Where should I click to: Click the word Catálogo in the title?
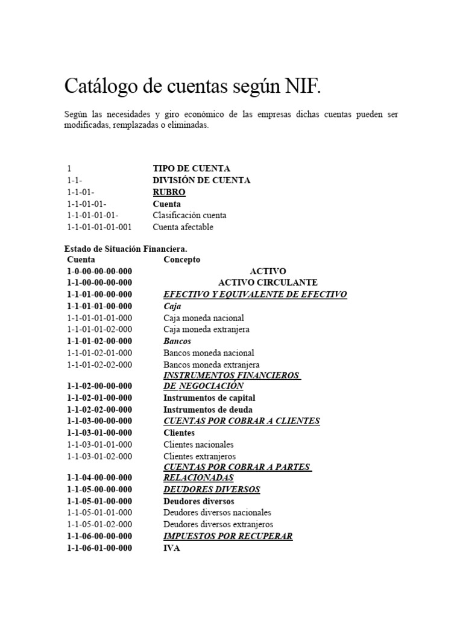coord(101,87)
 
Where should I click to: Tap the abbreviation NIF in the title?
coord(305,87)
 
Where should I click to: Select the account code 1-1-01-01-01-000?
coord(99,318)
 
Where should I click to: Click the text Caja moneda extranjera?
coord(206,330)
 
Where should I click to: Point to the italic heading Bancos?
coord(177,341)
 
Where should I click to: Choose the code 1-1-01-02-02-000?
coord(99,365)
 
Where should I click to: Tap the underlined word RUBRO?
coord(169,192)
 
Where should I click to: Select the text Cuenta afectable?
coord(183,227)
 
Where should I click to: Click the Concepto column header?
coord(181,260)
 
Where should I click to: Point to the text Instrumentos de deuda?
coord(208,410)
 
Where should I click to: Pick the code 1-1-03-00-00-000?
coord(99,421)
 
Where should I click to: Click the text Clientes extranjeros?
coord(200,456)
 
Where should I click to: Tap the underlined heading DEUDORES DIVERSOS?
coord(212,489)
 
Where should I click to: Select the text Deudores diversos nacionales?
coord(217,513)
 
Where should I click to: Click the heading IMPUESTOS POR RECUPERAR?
coord(228,536)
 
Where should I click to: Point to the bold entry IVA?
coord(172,548)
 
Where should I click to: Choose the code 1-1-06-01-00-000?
coord(99,548)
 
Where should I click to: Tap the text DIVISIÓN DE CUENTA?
coord(201,180)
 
